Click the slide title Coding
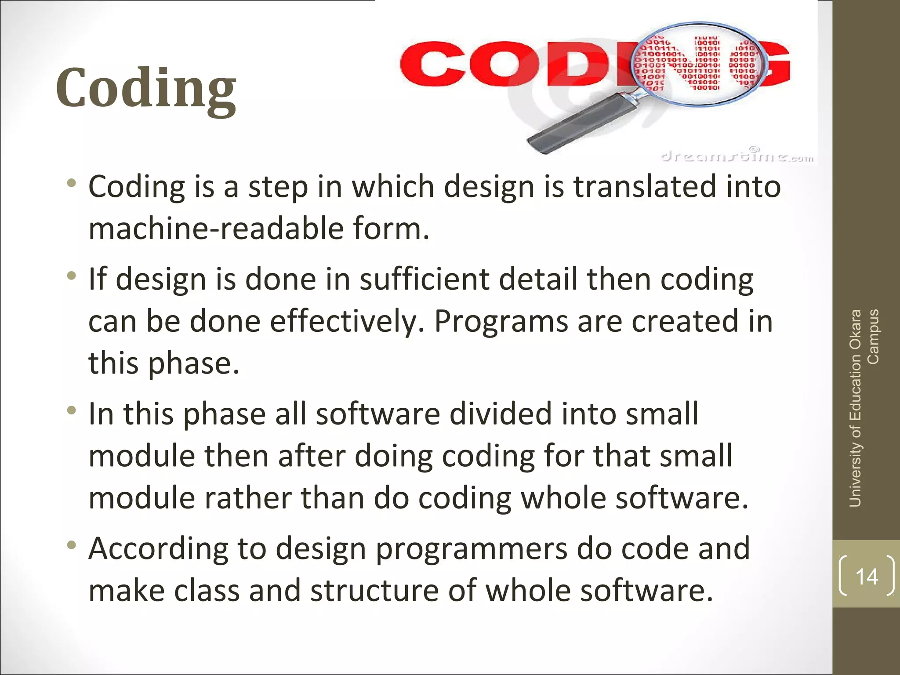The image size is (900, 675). pyautogui.click(x=146, y=89)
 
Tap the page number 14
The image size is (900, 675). pyautogui.click(x=867, y=576)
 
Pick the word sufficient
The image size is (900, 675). pyautogui.click(x=424, y=279)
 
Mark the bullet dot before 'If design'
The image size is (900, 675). pyautogui.click(x=72, y=277)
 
